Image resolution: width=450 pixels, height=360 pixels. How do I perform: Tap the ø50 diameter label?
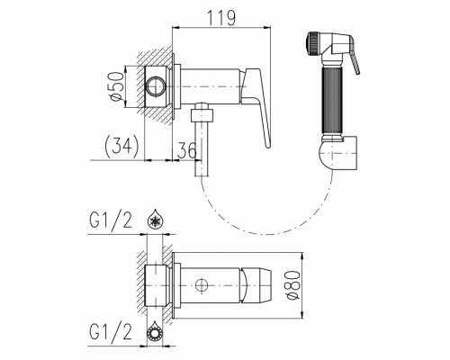pos(117,86)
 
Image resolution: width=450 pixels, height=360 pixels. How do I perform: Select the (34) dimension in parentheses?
pos(121,147)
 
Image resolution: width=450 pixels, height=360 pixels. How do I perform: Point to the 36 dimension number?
pos(186,150)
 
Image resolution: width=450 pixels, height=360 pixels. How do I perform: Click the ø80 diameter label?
pos(292,285)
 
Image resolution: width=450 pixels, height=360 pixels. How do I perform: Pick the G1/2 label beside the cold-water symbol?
pos(111,220)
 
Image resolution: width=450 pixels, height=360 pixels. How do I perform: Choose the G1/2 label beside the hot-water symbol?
pos(111,332)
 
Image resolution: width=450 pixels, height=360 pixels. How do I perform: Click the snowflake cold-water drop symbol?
pos(156,220)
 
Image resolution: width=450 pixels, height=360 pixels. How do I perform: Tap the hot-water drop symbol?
pos(155,332)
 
